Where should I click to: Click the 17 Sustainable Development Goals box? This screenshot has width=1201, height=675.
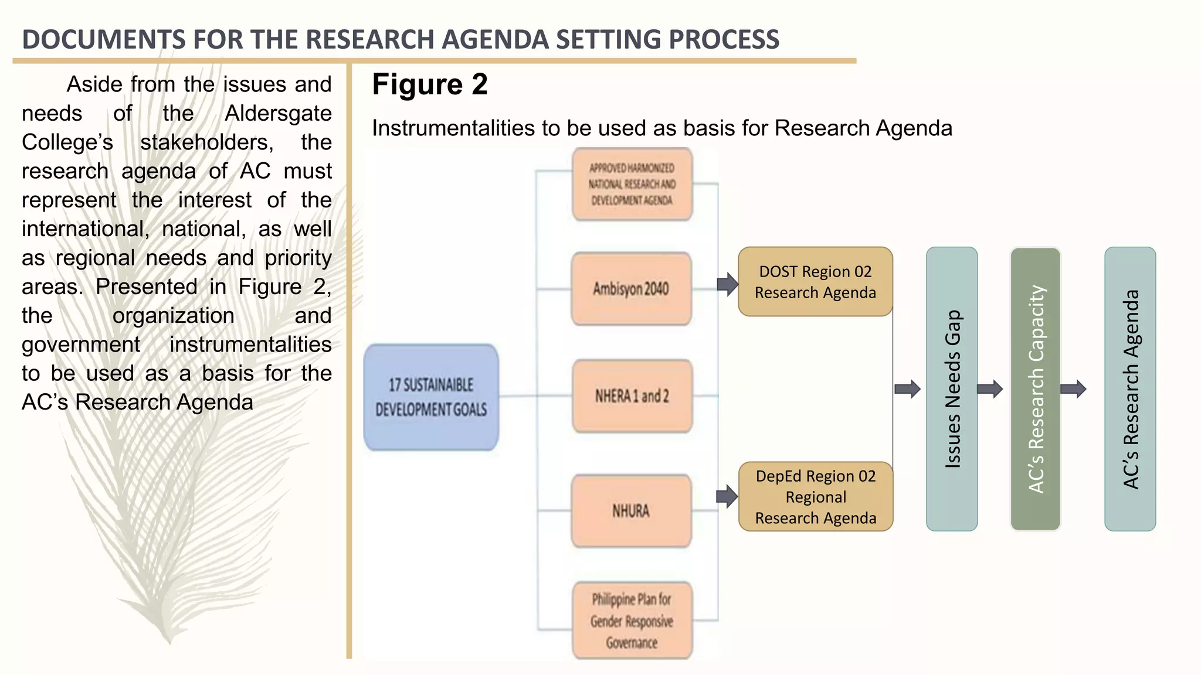431,397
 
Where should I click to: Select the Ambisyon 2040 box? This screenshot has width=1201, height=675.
632,289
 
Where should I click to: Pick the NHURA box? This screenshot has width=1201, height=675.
631,511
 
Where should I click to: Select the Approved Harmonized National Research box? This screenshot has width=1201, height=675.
632,184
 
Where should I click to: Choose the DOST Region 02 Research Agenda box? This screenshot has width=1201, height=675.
815,282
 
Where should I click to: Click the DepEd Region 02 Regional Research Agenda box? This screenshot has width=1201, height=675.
815,497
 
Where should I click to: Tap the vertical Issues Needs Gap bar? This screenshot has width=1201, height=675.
952,389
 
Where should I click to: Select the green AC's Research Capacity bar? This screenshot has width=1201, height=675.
1036,389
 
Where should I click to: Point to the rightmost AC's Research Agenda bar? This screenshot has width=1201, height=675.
1130,389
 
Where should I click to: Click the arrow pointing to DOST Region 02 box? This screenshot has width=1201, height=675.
727,285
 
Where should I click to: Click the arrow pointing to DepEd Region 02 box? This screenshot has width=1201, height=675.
727,497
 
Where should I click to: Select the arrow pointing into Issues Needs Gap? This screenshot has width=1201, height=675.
908,389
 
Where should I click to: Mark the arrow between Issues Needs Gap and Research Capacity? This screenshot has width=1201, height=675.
990,389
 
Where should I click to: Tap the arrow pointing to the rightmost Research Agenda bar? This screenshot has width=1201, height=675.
1074,389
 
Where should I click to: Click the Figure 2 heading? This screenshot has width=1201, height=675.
430,84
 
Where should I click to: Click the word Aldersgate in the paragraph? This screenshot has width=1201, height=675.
278,113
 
